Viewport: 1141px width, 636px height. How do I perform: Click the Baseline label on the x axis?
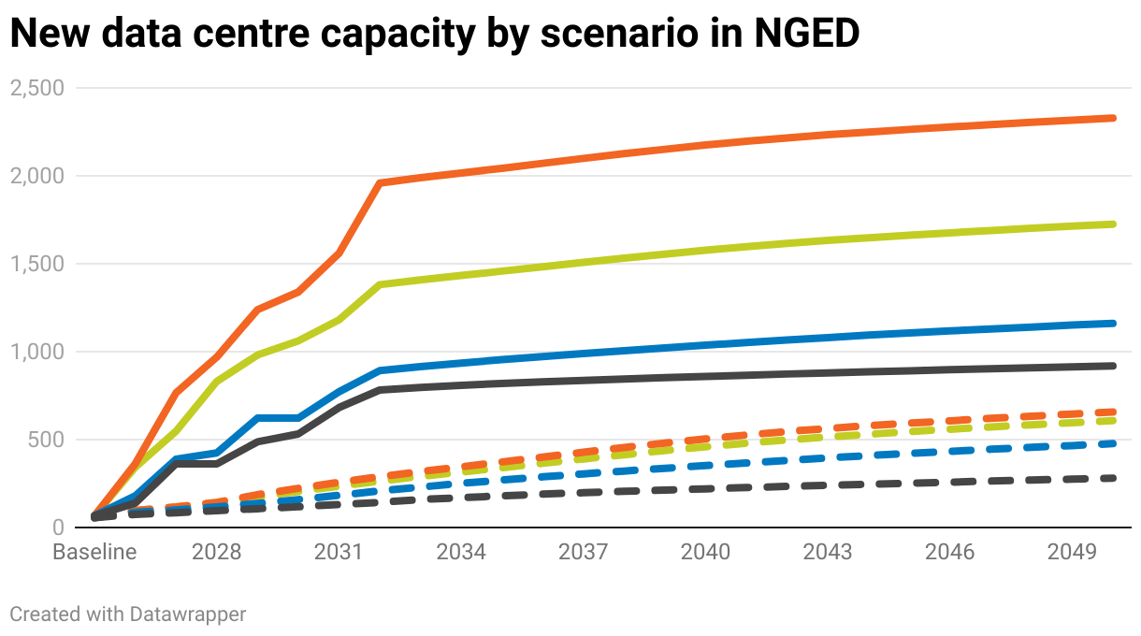coord(94,553)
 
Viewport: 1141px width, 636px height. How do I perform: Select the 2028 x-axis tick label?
coord(216,553)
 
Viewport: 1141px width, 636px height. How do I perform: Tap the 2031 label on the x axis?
coord(339,553)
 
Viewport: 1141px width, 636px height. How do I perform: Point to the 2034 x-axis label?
coord(461,553)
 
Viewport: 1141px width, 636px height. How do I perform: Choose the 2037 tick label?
coord(584,553)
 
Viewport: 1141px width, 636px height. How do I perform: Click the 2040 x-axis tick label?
coord(705,553)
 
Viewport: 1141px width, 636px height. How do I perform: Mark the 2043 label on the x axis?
coord(828,553)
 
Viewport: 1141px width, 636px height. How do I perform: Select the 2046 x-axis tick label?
coord(950,553)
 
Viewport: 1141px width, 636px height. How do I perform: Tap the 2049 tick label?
coord(1072,553)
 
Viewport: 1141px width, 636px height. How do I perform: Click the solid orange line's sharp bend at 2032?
coord(380,183)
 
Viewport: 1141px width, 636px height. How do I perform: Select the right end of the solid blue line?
coord(1113,324)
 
